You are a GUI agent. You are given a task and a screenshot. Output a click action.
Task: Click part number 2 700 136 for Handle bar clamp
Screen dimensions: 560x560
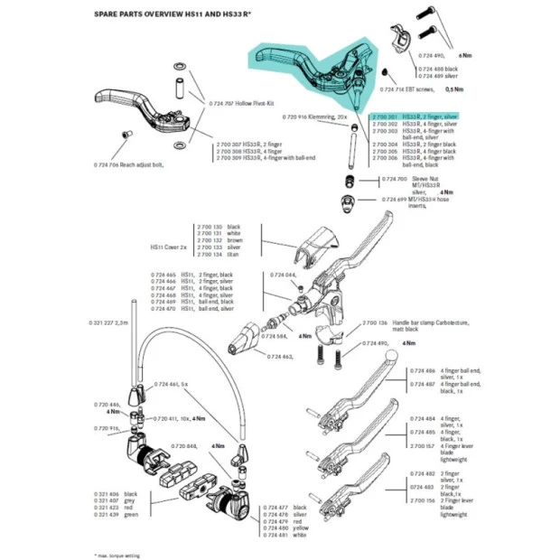[x=374, y=322]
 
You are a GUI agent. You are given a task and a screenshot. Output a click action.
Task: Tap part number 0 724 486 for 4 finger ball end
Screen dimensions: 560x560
[x=423, y=371]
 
